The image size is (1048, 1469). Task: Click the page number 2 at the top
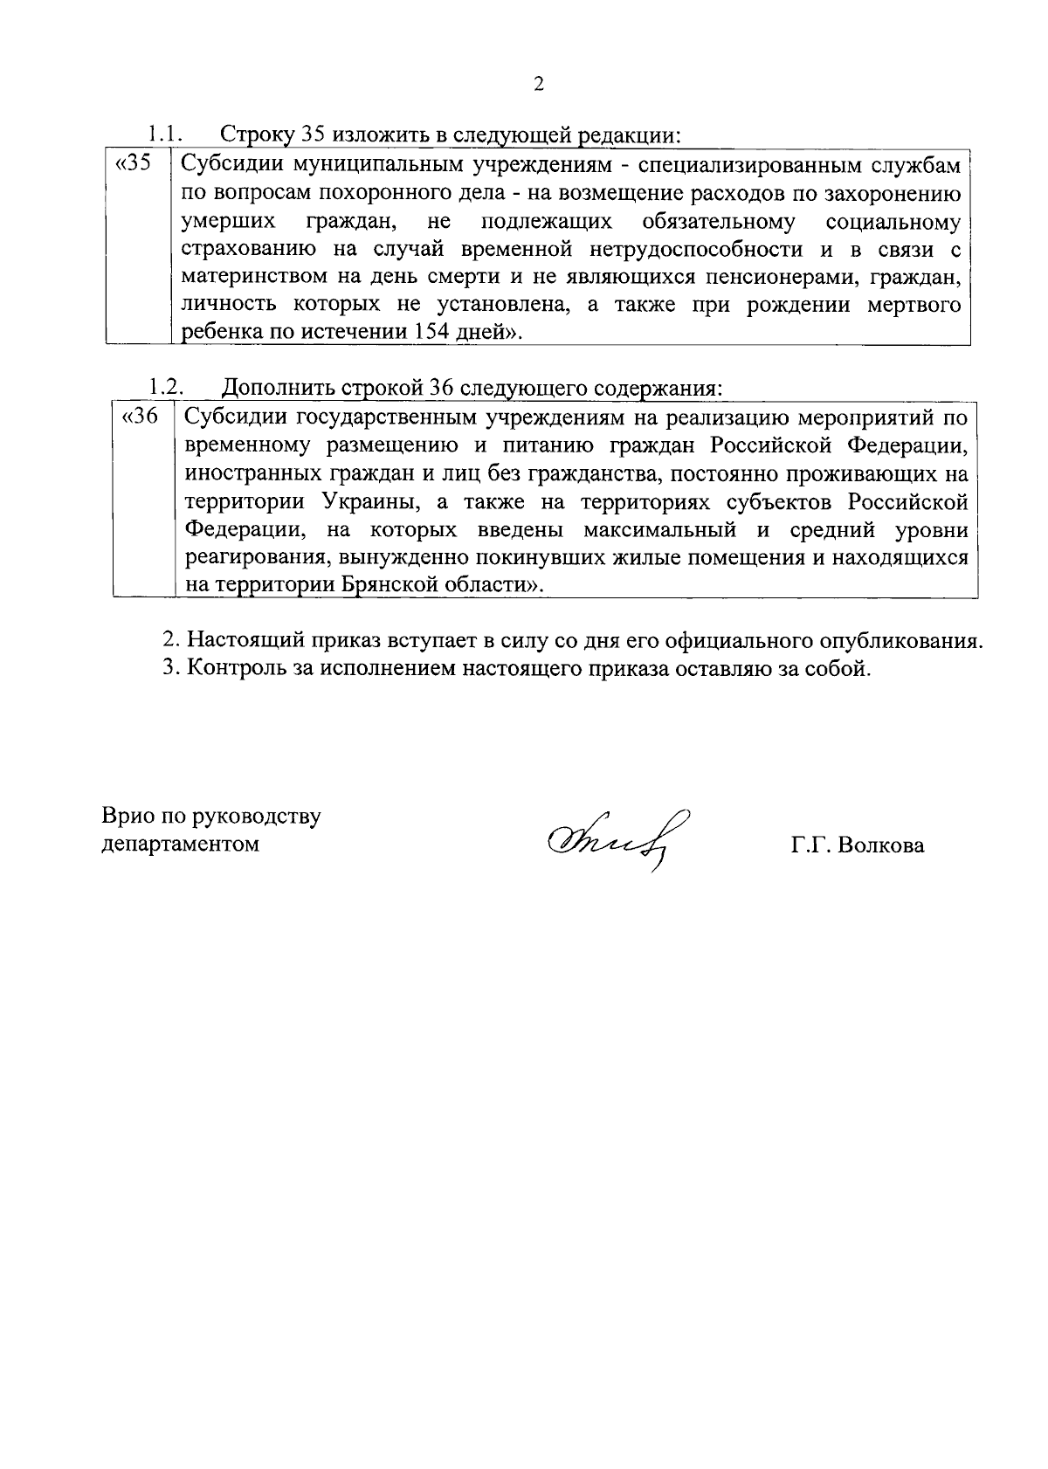point(538,84)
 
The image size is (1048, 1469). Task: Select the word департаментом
point(181,845)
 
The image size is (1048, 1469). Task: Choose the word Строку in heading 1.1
point(256,134)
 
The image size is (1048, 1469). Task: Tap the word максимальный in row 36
point(658,530)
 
